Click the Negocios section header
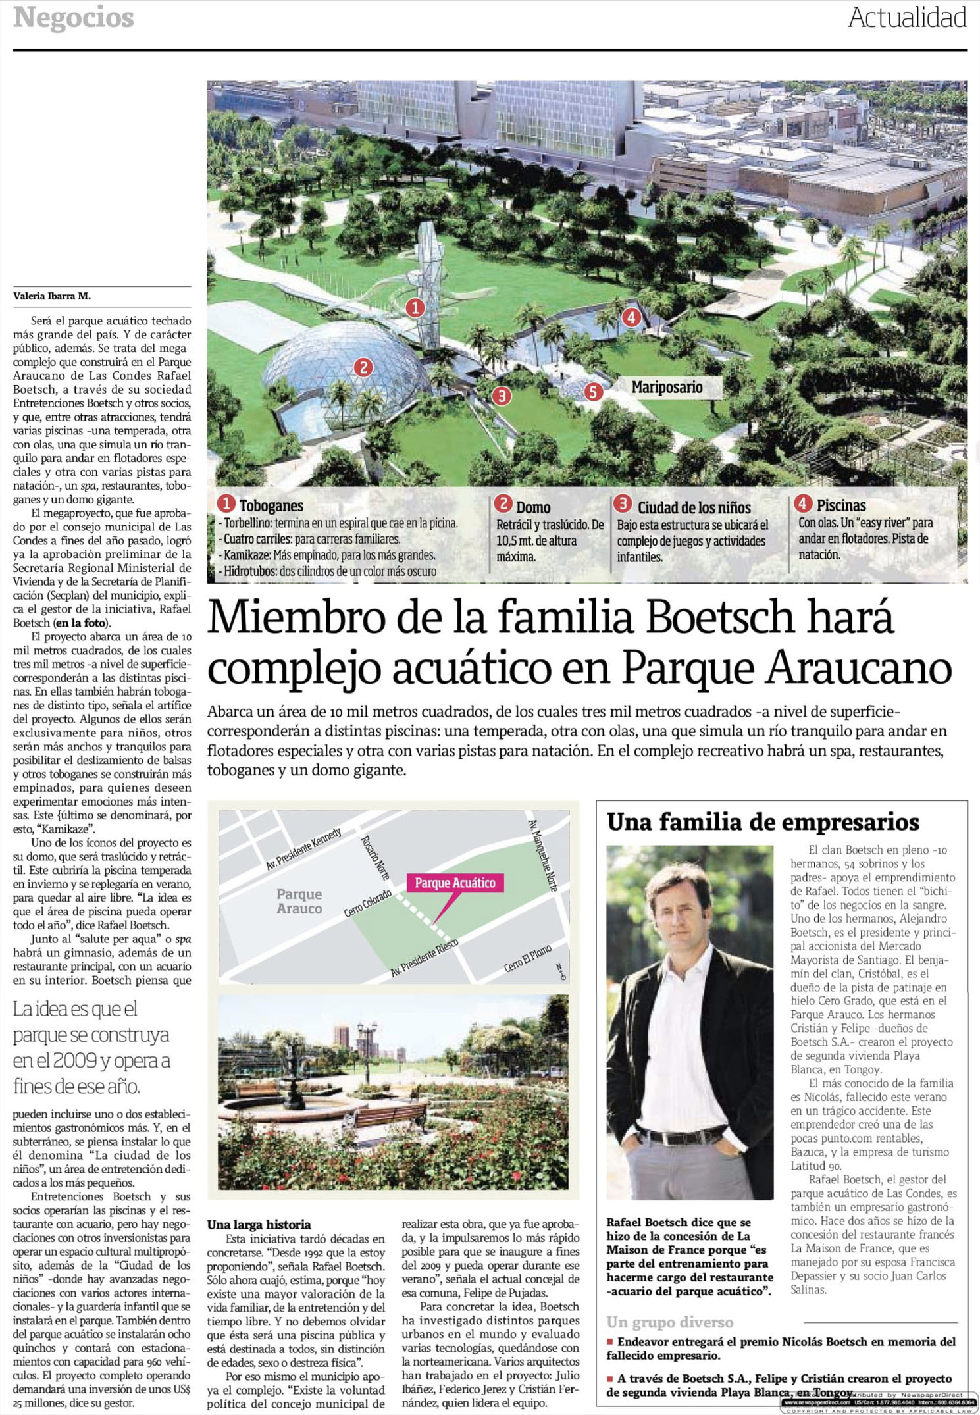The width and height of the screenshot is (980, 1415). tap(74, 18)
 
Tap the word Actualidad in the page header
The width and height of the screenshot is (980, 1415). tap(907, 18)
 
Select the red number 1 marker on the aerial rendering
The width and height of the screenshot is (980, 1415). tap(415, 307)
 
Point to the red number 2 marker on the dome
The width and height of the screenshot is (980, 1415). tap(363, 367)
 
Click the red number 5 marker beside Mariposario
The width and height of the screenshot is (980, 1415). tap(593, 392)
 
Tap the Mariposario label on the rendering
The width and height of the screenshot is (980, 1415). tap(667, 387)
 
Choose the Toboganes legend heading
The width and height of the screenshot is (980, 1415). tap(271, 505)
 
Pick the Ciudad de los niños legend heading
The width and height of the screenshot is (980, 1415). tap(694, 507)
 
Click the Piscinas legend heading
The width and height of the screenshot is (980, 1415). tap(840, 505)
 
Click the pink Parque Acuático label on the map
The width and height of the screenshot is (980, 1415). tap(455, 883)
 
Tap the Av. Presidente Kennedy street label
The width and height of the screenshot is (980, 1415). tap(303, 849)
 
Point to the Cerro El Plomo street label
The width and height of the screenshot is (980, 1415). tap(527, 958)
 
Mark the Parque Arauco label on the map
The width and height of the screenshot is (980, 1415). tap(299, 901)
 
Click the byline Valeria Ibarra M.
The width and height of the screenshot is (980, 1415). tap(52, 296)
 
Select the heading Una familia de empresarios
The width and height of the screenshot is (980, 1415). tap(763, 822)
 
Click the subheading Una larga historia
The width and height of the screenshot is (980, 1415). tap(259, 1224)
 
